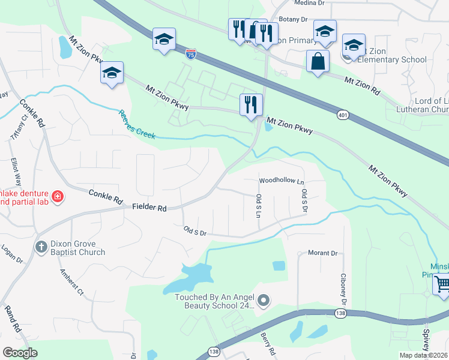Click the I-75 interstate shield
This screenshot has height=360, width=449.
(190, 55)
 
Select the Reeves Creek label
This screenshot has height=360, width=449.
(137, 124)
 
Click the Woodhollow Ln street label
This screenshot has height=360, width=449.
(282, 181)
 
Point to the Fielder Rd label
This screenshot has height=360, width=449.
(149, 208)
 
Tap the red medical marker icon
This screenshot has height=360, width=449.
(57, 196)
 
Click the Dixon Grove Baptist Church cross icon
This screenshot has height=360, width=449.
(41, 247)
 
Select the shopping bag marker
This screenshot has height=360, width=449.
(317, 61)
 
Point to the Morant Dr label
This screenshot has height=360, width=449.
(322, 253)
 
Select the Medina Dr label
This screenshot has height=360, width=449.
(310, 3)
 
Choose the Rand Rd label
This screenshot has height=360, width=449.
(12, 320)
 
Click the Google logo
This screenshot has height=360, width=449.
(20, 352)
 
